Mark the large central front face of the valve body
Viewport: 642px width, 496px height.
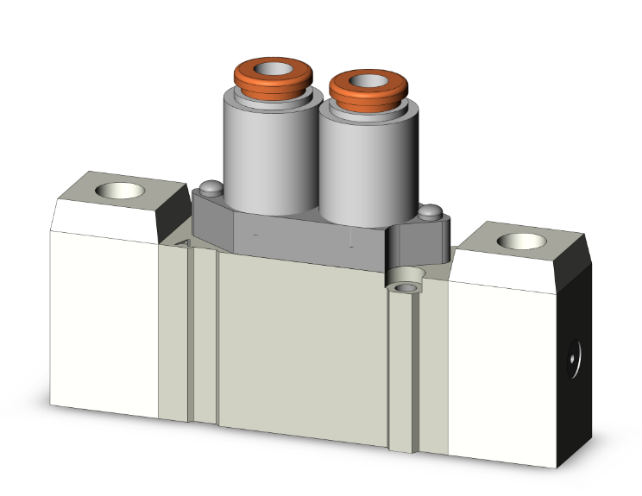[302, 345]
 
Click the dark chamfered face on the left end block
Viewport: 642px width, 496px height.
[172, 211]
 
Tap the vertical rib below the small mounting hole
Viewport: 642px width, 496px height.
[401, 371]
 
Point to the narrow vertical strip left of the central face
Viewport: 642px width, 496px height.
[205, 336]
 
